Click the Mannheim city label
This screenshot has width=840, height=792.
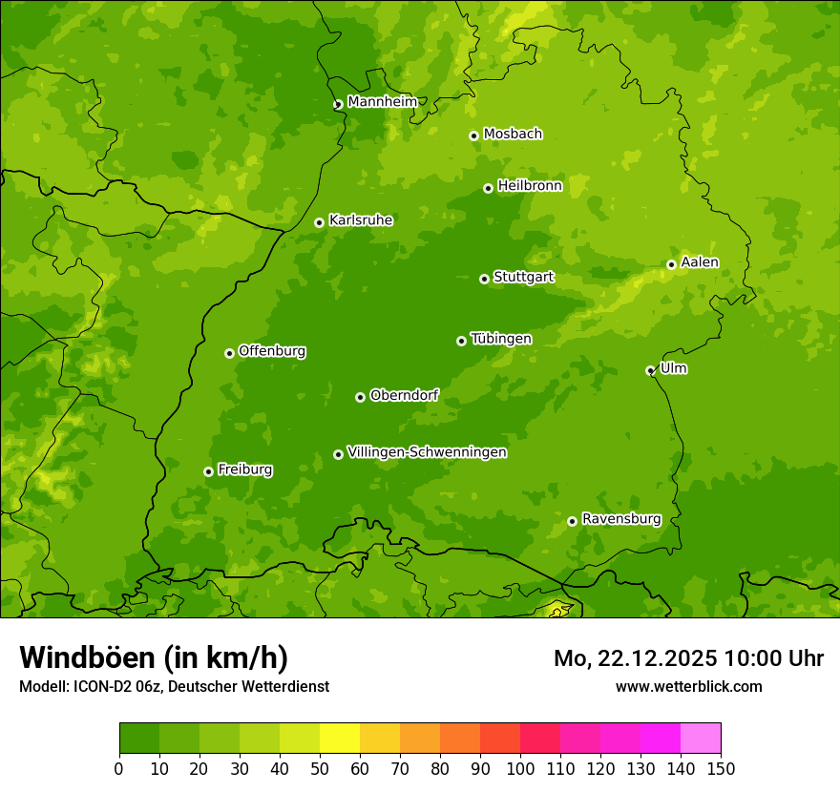(382, 101)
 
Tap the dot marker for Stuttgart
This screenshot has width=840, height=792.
(484, 279)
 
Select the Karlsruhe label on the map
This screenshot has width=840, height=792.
(361, 220)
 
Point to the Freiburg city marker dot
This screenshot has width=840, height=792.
(208, 471)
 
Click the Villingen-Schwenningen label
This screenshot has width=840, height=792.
(427, 452)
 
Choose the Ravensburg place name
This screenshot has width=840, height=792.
(620, 519)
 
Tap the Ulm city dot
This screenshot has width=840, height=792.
(650, 370)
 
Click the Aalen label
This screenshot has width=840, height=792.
(700, 262)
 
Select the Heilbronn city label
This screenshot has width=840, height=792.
(530, 186)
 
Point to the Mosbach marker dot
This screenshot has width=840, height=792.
(473, 135)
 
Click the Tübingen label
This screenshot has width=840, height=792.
(501, 339)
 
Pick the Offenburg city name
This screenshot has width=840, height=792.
(272, 351)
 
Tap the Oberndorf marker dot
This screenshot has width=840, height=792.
(360, 397)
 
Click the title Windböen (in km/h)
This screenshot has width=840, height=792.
(153, 657)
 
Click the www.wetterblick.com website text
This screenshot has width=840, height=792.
(688, 686)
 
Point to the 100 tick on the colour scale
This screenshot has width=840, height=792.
(520, 768)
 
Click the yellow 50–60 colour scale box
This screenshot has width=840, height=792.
(340, 739)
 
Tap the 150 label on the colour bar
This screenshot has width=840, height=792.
(721, 768)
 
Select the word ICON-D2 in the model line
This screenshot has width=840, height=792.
(100, 686)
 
